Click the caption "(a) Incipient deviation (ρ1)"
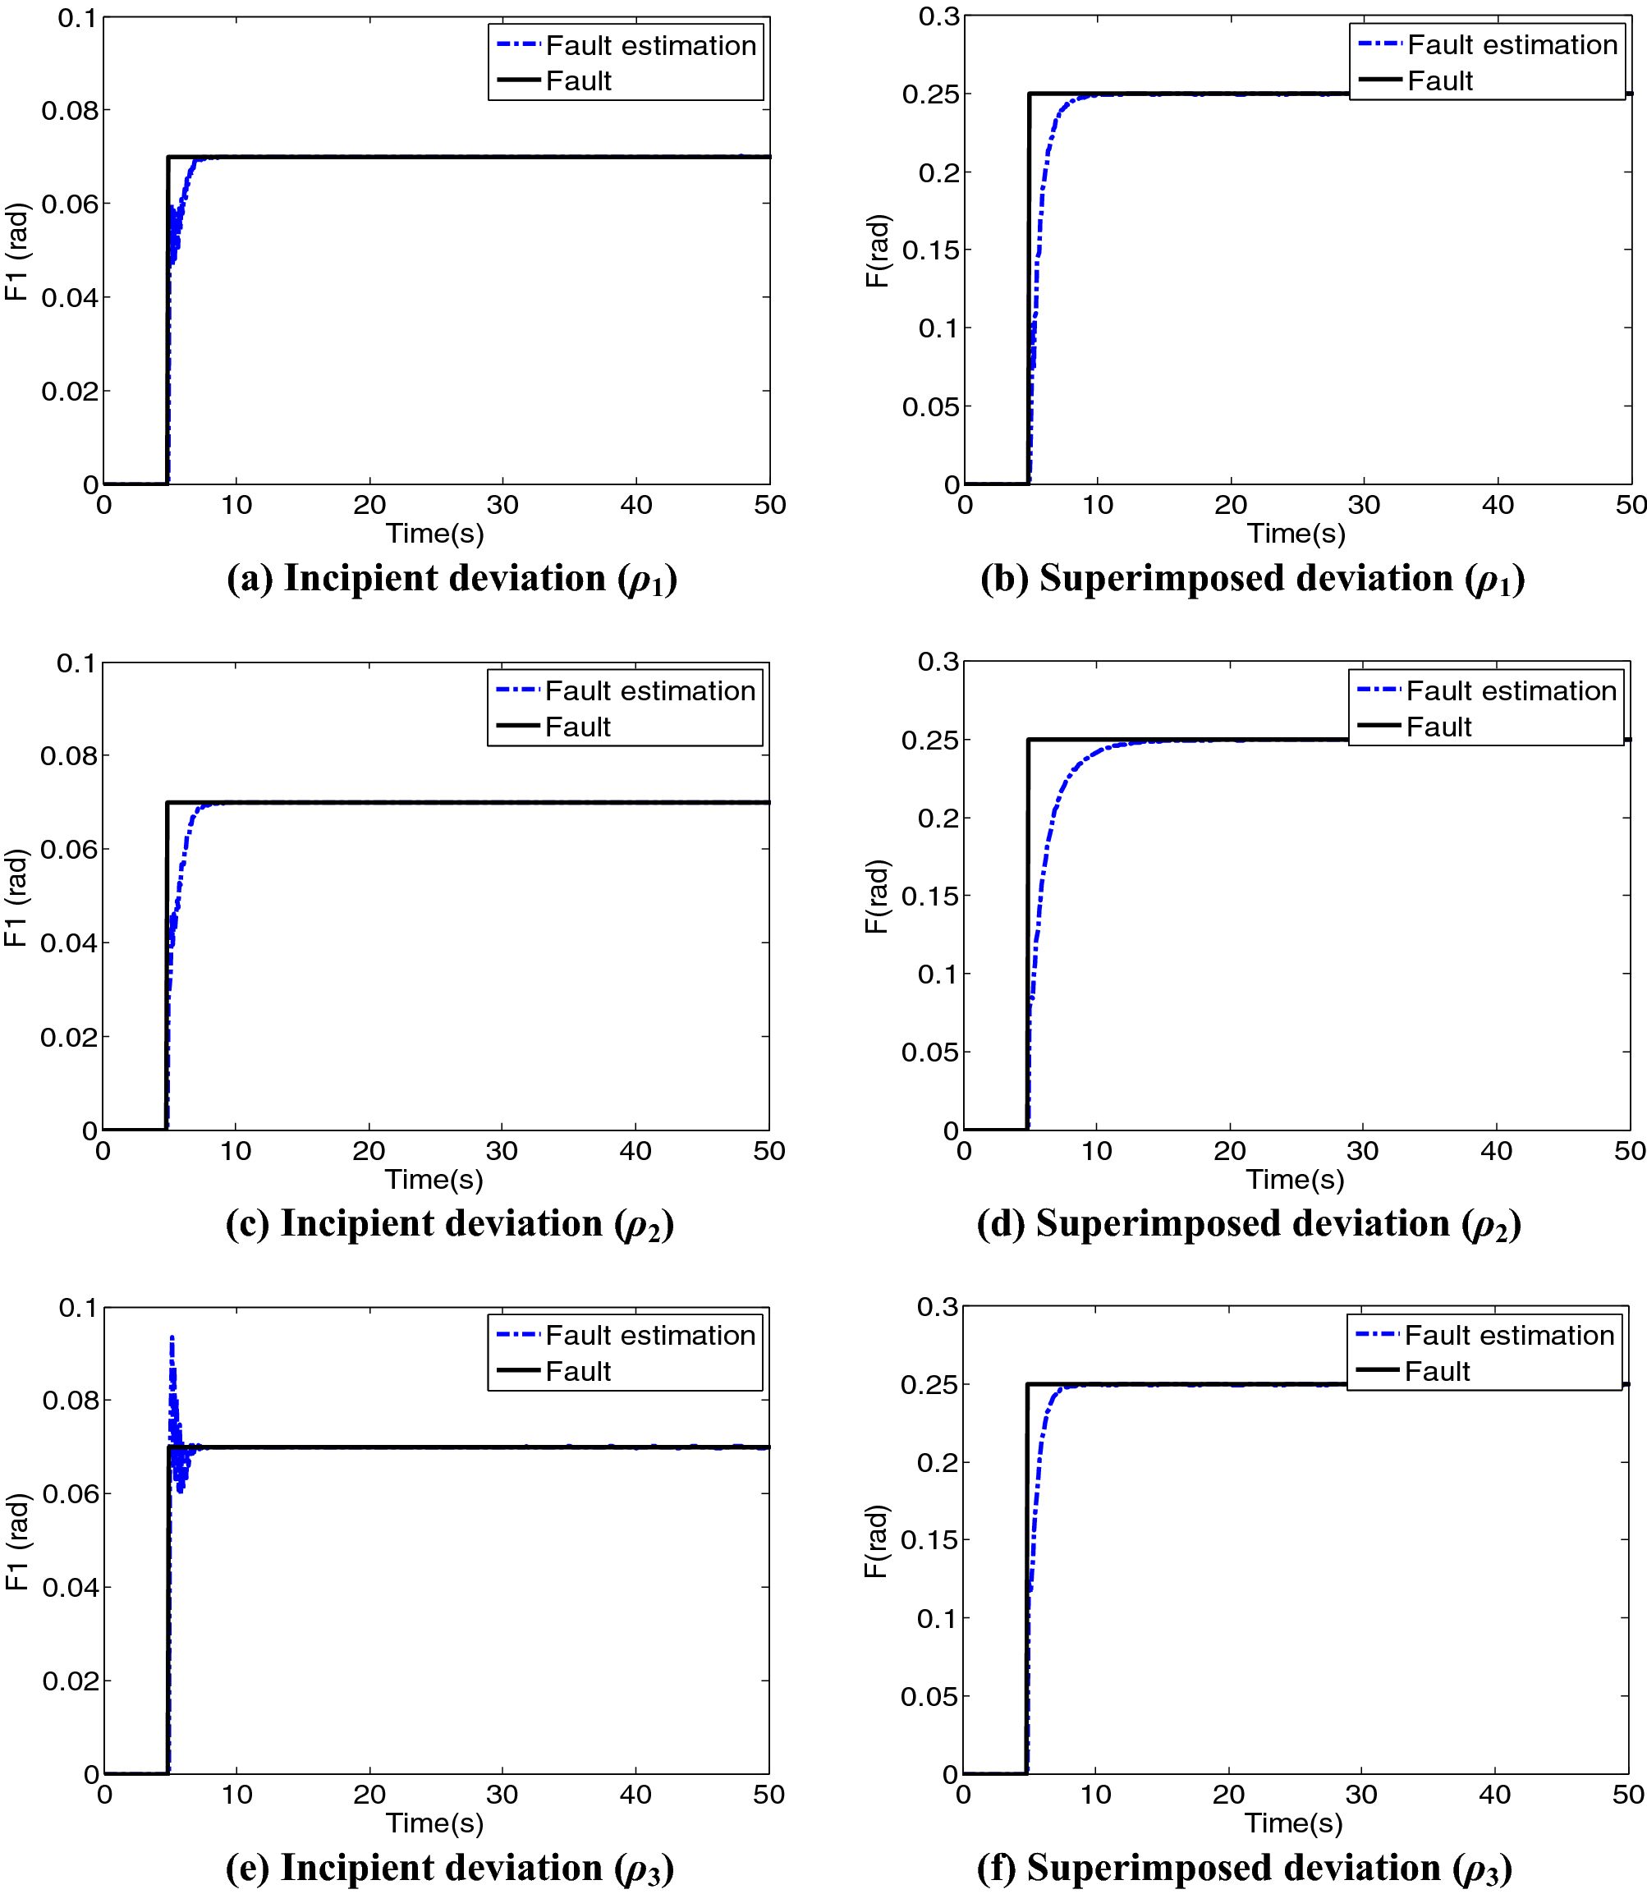click(x=452, y=579)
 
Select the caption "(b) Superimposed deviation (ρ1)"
click(x=1253, y=579)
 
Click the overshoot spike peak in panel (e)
click(x=172, y=1339)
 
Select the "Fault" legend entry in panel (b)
click(x=1439, y=81)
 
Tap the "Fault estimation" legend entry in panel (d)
click(x=1511, y=691)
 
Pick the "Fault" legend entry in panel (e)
click(x=577, y=1372)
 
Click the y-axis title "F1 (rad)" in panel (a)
click(x=17, y=251)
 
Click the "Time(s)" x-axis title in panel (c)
click(x=434, y=1179)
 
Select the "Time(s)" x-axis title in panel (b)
click(x=1296, y=533)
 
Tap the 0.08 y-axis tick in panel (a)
click(x=69, y=111)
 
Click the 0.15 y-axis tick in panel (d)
click(x=929, y=896)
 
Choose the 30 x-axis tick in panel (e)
click(x=502, y=1795)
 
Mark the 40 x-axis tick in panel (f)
click(x=1494, y=1795)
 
